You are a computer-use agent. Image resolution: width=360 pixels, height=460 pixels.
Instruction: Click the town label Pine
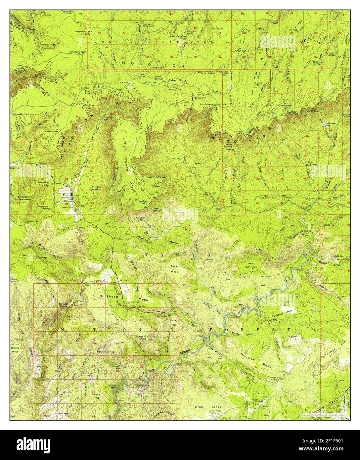point(65,195)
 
